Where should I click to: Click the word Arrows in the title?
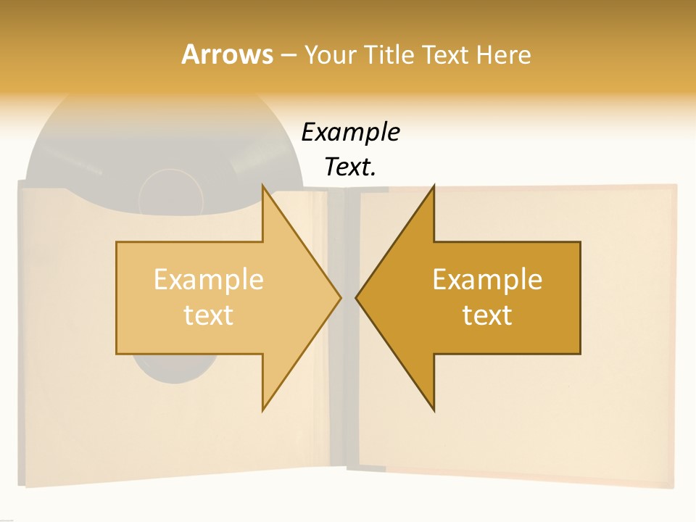(x=227, y=54)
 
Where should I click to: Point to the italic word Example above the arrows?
(x=350, y=133)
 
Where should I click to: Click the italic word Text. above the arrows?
(x=350, y=167)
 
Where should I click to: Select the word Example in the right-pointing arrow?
(x=208, y=280)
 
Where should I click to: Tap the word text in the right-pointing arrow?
(x=208, y=315)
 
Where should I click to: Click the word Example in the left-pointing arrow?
(x=487, y=280)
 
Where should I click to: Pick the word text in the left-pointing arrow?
(x=487, y=315)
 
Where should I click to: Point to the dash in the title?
(x=288, y=56)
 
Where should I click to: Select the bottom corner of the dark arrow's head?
(x=434, y=410)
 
